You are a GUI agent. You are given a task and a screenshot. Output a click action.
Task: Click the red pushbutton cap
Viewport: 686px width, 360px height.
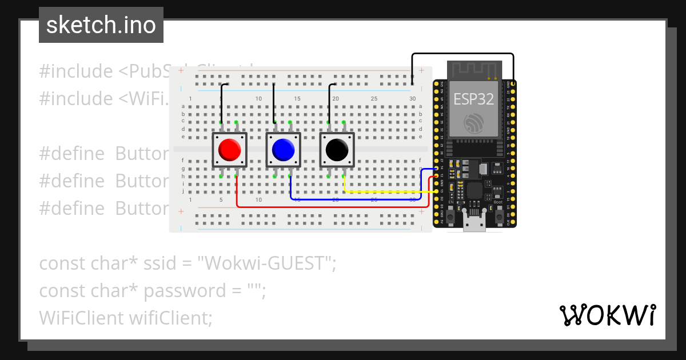click(229, 150)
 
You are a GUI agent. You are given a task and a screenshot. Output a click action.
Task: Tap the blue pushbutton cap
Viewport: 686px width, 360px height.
click(283, 150)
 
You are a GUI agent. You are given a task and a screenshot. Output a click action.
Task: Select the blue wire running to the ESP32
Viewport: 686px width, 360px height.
click(354, 199)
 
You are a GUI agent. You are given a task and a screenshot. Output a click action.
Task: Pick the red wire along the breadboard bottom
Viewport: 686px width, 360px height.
click(332, 206)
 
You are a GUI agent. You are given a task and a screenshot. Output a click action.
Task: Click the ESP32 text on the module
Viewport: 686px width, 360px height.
click(473, 98)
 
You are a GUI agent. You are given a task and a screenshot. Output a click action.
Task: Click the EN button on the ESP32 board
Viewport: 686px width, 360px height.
click(450, 217)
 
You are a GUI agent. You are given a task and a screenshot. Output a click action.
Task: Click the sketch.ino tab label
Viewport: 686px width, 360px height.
click(101, 25)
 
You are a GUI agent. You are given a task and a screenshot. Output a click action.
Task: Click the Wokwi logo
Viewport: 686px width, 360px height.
click(607, 315)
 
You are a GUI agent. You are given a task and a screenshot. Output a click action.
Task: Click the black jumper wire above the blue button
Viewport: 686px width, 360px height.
click(274, 103)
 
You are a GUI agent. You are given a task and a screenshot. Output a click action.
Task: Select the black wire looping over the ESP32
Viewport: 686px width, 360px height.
click(463, 54)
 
